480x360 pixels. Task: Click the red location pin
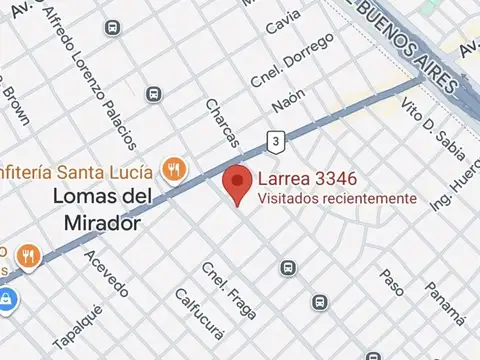click(236, 184)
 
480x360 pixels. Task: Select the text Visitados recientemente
click(337, 199)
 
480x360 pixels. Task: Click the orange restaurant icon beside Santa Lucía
click(175, 168)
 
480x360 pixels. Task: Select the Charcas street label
click(221, 121)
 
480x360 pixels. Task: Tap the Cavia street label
click(283, 21)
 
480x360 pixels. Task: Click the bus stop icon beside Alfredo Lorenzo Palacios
click(153, 94)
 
